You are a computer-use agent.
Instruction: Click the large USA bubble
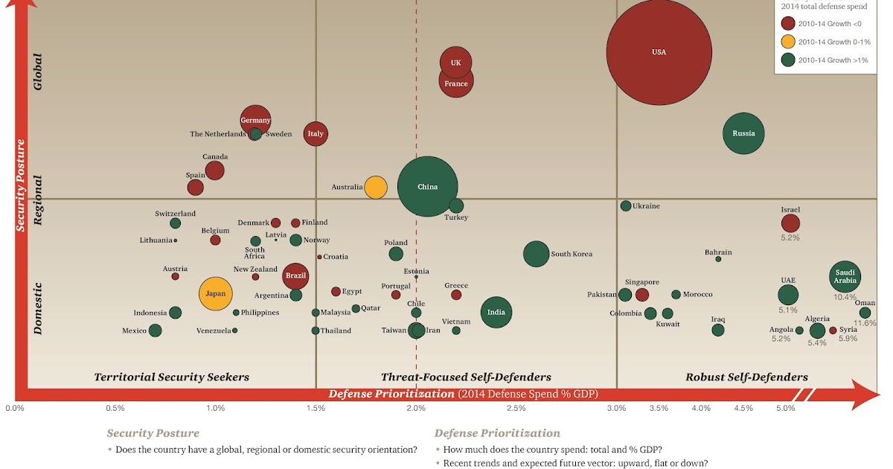(x=659, y=52)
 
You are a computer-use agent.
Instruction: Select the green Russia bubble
(x=744, y=134)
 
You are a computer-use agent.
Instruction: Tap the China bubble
(x=427, y=187)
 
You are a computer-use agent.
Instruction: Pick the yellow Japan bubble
(x=216, y=294)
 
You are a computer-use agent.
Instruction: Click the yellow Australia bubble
(x=376, y=187)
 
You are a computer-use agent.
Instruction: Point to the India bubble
(x=496, y=313)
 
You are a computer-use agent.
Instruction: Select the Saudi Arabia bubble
(x=845, y=276)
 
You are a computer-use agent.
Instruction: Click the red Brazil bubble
(x=296, y=275)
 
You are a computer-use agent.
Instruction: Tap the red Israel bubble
(x=790, y=223)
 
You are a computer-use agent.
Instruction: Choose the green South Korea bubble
(x=536, y=254)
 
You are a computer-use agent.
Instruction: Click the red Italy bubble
(x=316, y=134)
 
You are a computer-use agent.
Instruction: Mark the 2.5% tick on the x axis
(x=516, y=408)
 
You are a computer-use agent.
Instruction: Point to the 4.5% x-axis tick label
(x=743, y=408)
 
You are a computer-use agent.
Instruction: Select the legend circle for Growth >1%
(x=787, y=60)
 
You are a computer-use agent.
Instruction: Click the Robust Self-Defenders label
(x=746, y=377)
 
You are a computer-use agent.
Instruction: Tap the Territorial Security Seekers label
(x=172, y=377)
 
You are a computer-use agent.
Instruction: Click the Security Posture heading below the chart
(x=153, y=433)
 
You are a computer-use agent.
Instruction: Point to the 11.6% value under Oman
(x=865, y=324)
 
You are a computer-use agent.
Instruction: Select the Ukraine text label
(x=646, y=206)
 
